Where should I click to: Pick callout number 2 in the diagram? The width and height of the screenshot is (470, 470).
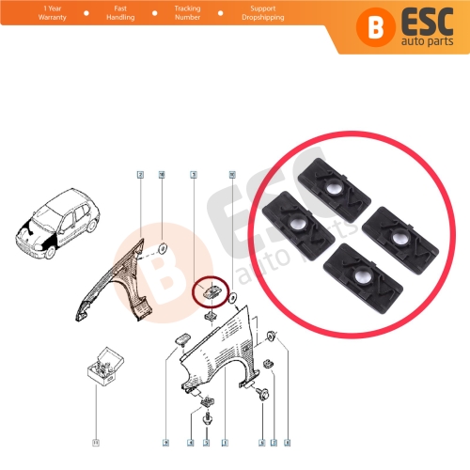point(140,175)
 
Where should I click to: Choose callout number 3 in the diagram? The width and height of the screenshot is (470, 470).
point(193,175)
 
